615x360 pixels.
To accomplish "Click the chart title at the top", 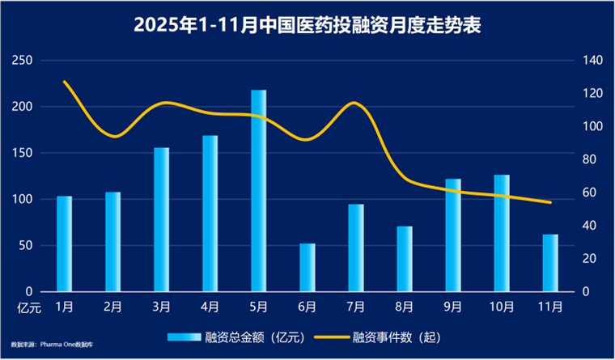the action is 307,26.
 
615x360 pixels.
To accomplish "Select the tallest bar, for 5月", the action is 258,191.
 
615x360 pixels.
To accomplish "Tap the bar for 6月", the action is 307,268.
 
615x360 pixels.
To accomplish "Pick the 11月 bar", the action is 550,263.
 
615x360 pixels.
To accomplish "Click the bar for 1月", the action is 64,244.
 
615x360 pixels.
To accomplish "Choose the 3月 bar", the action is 161,219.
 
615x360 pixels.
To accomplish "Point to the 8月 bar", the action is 405,259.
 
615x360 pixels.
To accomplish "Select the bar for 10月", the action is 502,233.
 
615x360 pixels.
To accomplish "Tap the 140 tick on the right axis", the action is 592,61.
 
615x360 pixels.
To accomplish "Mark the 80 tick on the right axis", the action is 589,159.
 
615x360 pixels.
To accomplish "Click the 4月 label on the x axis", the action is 210,307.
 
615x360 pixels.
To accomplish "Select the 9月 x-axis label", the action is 453,307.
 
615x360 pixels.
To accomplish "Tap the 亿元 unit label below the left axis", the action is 29,308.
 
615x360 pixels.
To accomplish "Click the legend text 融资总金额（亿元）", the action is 255,337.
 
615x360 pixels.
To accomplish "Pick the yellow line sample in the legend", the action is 331,337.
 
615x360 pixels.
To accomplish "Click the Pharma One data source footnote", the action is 52,345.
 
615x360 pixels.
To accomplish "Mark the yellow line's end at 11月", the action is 551,203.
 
